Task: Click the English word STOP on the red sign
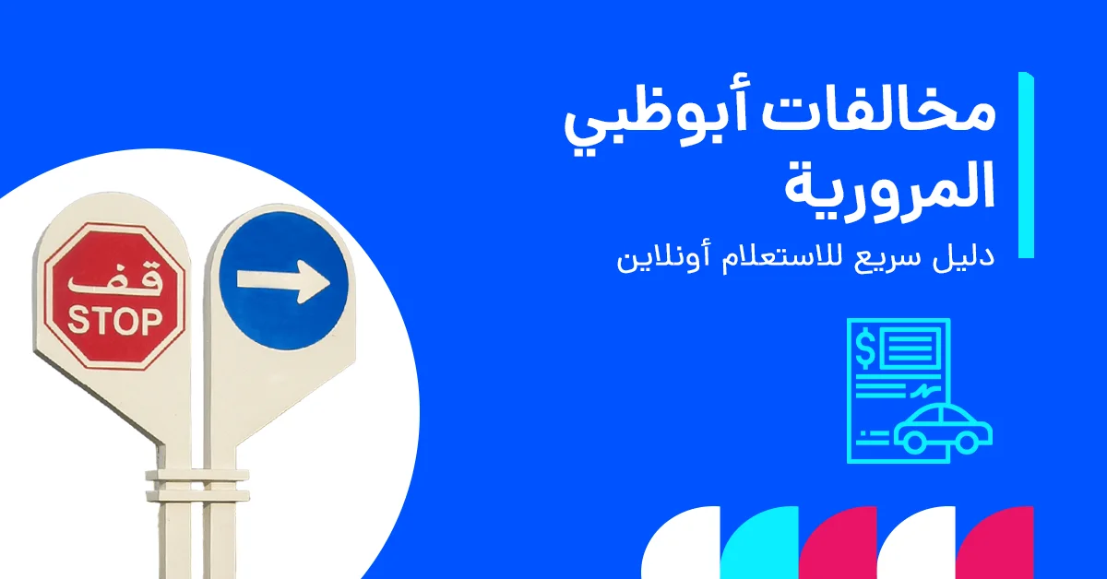coord(114,322)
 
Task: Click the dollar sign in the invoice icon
coord(866,349)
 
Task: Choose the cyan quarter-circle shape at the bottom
coord(761,544)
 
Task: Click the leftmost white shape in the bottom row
coord(683,544)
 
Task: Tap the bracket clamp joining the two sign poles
coord(196,483)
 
